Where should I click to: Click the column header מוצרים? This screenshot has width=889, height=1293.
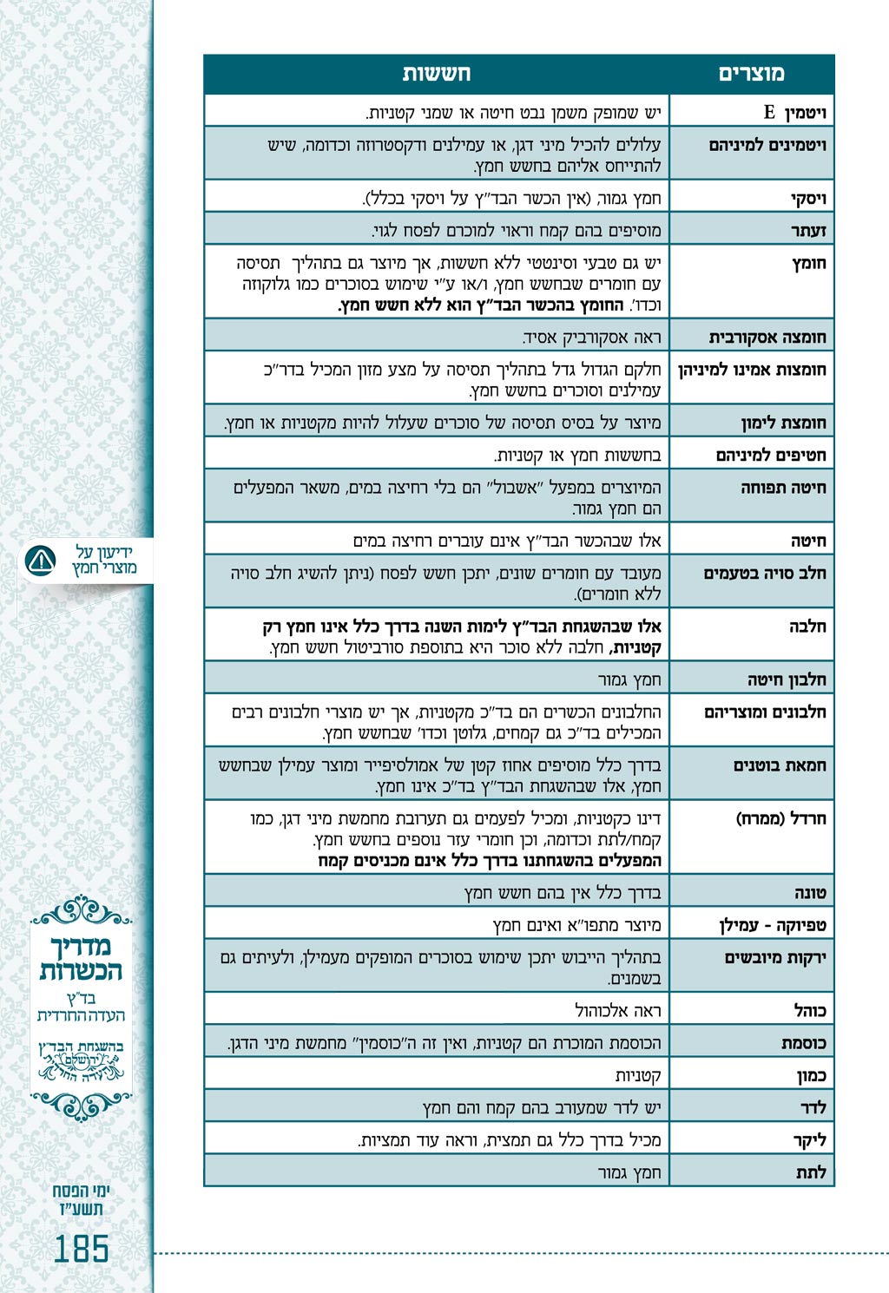click(x=751, y=74)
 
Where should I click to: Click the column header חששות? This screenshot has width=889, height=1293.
click(x=436, y=74)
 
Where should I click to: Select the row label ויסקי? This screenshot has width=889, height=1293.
click(x=808, y=199)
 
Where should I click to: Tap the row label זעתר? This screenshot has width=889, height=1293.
click(x=808, y=231)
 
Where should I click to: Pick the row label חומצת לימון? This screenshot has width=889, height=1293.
click(x=783, y=423)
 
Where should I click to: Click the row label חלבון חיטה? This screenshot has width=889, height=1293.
click(x=787, y=679)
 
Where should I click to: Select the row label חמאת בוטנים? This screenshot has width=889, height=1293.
click(x=780, y=765)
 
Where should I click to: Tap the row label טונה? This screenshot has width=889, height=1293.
click(x=810, y=892)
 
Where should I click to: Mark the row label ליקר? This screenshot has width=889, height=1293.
click(x=810, y=1139)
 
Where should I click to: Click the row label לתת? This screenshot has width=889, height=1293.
click(x=811, y=1172)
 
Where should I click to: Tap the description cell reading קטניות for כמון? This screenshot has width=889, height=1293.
click(x=638, y=1076)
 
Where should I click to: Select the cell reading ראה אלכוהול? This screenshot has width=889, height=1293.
click(x=617, y=1011)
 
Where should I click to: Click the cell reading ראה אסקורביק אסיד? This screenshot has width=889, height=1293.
click(x=591, y=338)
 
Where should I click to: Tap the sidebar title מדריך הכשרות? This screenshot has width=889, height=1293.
click(x=81, y=958)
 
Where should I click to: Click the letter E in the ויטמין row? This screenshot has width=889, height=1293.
click(x=769, y=112)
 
